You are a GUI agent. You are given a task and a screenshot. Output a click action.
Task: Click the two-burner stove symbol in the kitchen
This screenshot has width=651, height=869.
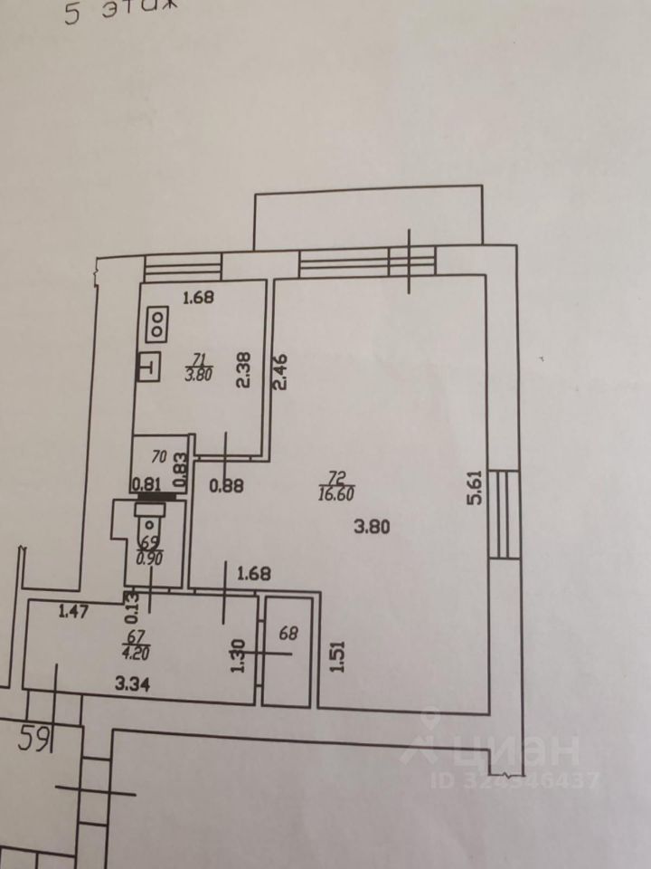point(156,323)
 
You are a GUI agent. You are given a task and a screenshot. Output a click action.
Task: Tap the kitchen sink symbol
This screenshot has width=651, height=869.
point(148,368)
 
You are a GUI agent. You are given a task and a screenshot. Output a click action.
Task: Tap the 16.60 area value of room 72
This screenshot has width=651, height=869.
point(335,493)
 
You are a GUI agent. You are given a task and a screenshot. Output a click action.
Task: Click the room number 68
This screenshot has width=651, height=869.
point(288,634)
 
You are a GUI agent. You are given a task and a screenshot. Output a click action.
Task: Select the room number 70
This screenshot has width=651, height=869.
point(160,457)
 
